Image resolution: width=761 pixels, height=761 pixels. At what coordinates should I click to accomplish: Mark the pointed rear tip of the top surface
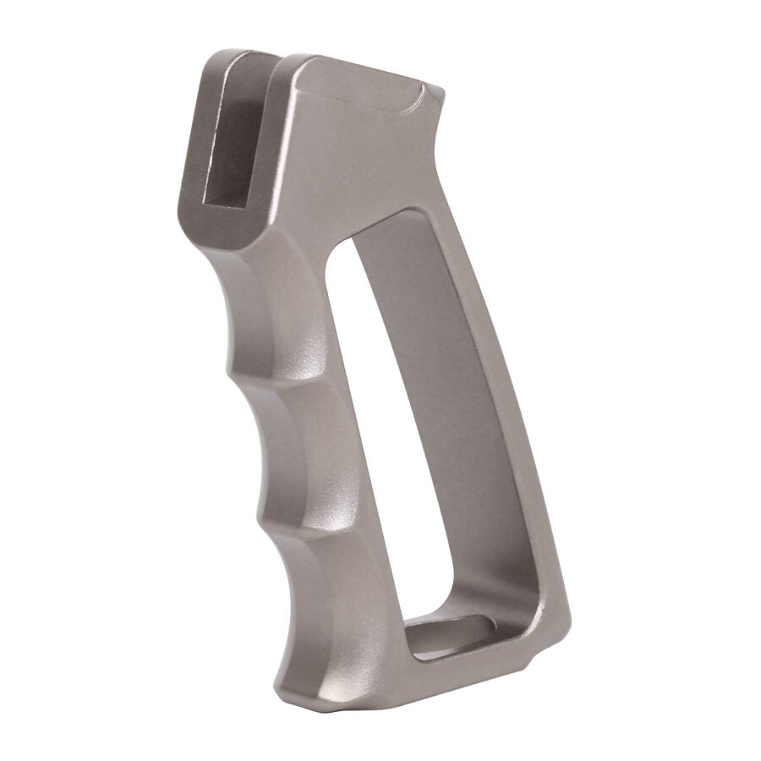tap(443, 90)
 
